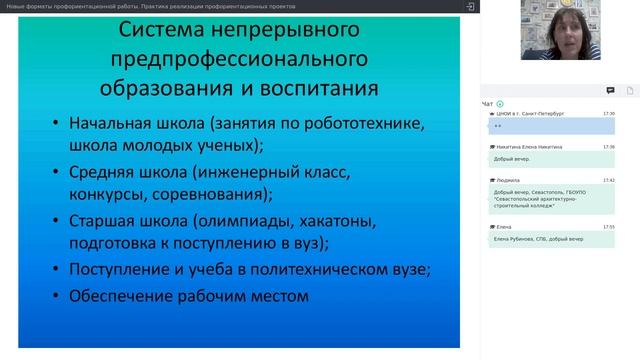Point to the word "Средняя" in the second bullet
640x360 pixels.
108,172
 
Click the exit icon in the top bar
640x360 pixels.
470,6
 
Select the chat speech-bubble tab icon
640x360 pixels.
610,90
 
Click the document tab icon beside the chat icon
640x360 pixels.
630,90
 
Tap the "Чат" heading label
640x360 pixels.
487,104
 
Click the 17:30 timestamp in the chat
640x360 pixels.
608,114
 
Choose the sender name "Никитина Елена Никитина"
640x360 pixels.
528,147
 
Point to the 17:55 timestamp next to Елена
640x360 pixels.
608,227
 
